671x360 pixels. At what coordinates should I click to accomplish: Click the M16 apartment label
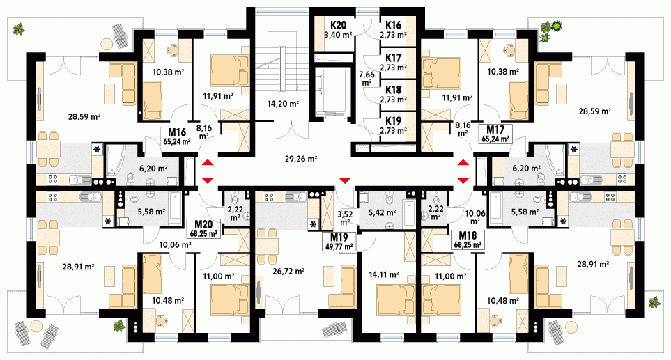[x=176, y=132]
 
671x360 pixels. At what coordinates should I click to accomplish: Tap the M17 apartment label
[x=495, y=130]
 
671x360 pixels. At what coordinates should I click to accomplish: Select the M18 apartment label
[x=468, y=235]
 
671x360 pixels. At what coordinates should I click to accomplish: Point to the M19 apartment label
[x=339, y=237]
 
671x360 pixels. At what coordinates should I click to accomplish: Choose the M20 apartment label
[x=203, y=225]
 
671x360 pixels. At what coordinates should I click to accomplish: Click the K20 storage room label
[x=338, y=25]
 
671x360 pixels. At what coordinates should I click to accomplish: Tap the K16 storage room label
[x=393, y=25]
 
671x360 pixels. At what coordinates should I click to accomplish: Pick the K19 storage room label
[x=393, y=121]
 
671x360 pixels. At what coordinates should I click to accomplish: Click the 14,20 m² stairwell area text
[x=283, y=104]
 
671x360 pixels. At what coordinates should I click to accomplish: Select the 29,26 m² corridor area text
[x=301, y=159]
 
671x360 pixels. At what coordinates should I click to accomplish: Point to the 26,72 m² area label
[x=288, y=271]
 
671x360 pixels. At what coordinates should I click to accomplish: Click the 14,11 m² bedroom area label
[x=384, y=274]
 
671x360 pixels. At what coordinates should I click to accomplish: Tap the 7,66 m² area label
[x=367, y=78]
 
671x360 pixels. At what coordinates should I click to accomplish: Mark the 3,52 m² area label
[x=345, y=218]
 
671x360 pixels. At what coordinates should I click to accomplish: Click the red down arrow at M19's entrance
[x=345, y=180]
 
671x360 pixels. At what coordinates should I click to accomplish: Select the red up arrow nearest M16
[x=208, y=162]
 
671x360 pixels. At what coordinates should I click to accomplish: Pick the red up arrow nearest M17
[x=463, y=162]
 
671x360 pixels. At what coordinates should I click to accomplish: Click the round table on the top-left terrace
[x=107, y=44]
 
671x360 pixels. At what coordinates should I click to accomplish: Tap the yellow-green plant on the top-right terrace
[x=556, y=26]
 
